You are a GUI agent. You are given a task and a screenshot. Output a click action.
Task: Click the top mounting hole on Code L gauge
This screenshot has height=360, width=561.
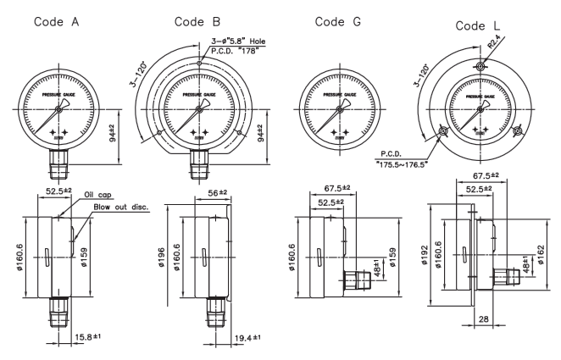pyautogui.click(x=478, y=67)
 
